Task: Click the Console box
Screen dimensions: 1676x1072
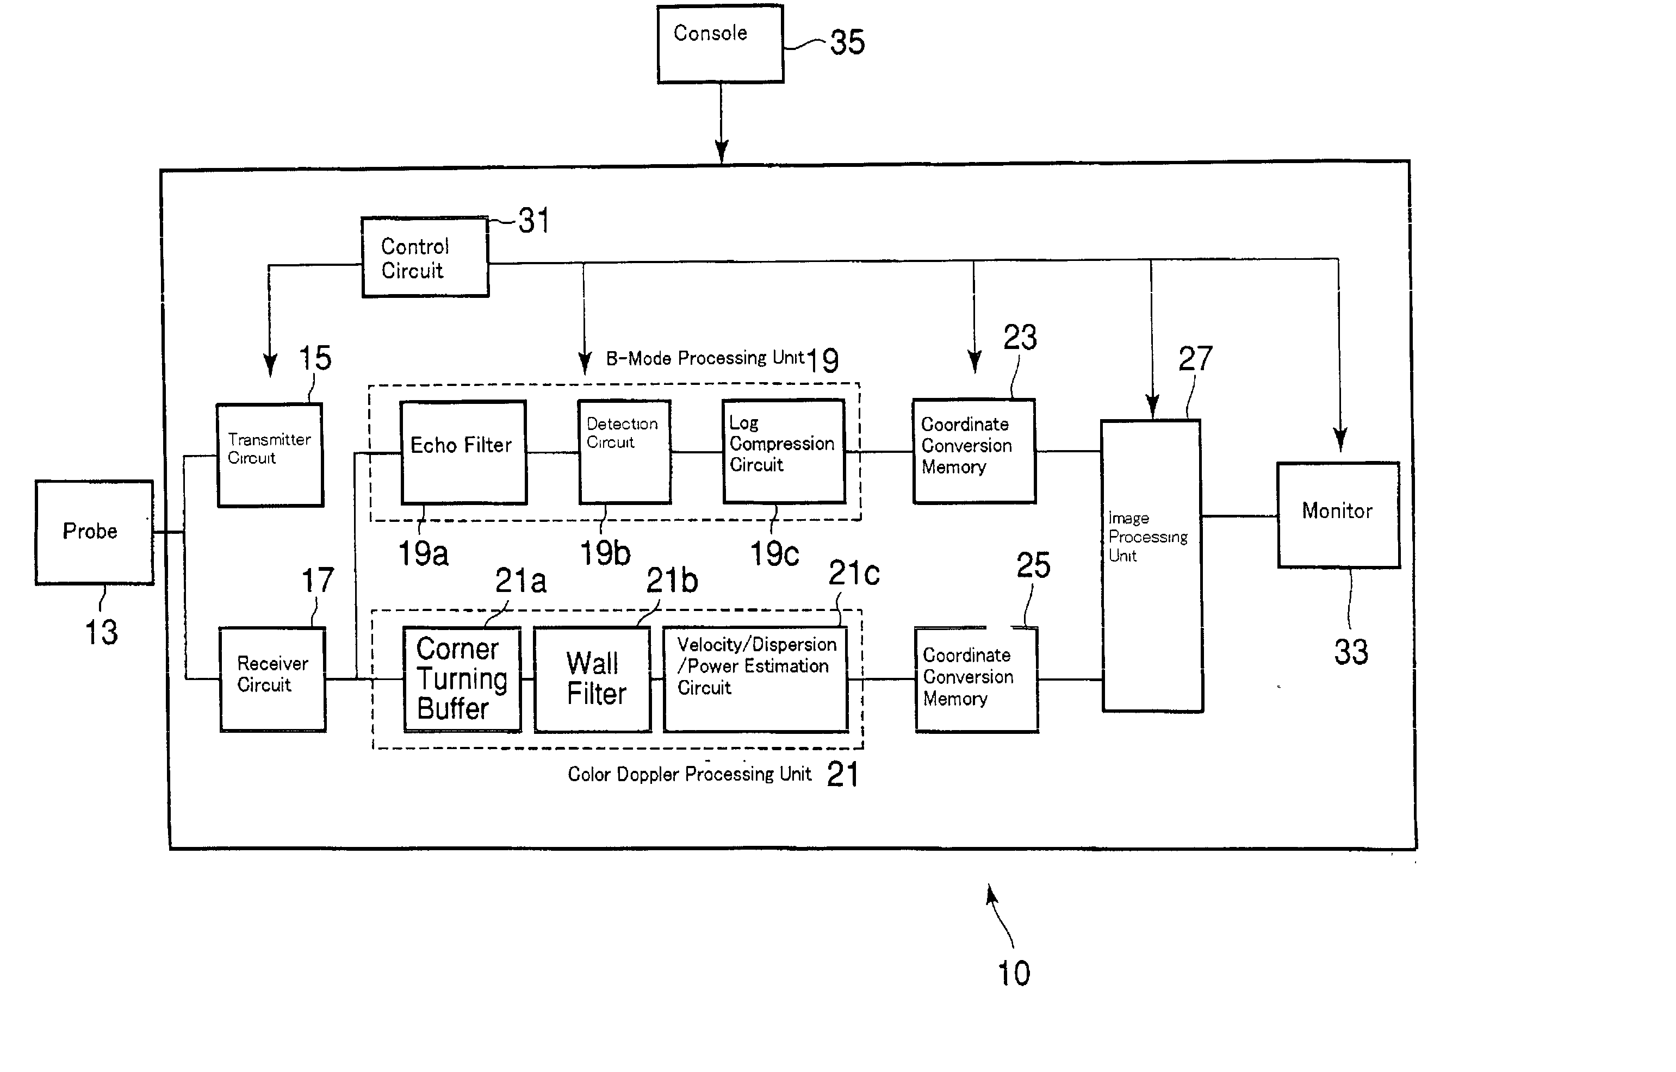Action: pyautogui.click(x=721, y=44)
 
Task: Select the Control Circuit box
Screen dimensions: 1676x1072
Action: pyautogui.click(x=425, y=257)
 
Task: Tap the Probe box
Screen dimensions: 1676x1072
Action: pyautogui.click(x=95, y=532)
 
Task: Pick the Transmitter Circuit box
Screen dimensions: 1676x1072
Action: pyautogui.click(x=270, y=455)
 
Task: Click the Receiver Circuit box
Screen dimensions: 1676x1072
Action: pyautogui.click(x=273, y=680)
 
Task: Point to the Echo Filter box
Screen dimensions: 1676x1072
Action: pyautogui.click(x=464, y=452)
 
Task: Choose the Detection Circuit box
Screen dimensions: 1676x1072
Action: pyautogui.click(x=625, y=452)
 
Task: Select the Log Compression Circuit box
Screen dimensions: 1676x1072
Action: pyautogui.click(x=784, y=451)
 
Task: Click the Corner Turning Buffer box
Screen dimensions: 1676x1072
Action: pyautogui.click(x=462, y=680)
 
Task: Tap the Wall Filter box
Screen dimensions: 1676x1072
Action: pyautogui.click(x=593, y=680)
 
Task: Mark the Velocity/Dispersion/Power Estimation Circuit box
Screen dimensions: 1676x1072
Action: pyautogui.click(x=755, y=680)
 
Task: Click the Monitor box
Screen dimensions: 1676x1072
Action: pyautogui.click(x=1338, y=515)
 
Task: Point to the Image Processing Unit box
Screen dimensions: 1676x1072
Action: pyautogui.click(x=1152, y=566)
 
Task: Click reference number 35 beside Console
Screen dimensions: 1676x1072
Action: pyautogui.click(x=847, y=42)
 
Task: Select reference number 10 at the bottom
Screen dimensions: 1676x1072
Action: pyautogui.click(x=1014, y=973)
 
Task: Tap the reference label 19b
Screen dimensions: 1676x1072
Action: pyautogui.click(x=605, y=554)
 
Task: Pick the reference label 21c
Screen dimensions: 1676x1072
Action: pyautogui.click(x=854, y=573)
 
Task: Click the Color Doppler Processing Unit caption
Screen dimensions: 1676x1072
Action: pyautogui.click(x=690, y=774)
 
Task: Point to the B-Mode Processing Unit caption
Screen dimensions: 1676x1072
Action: pyautogui.click(x=705, y=358)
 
